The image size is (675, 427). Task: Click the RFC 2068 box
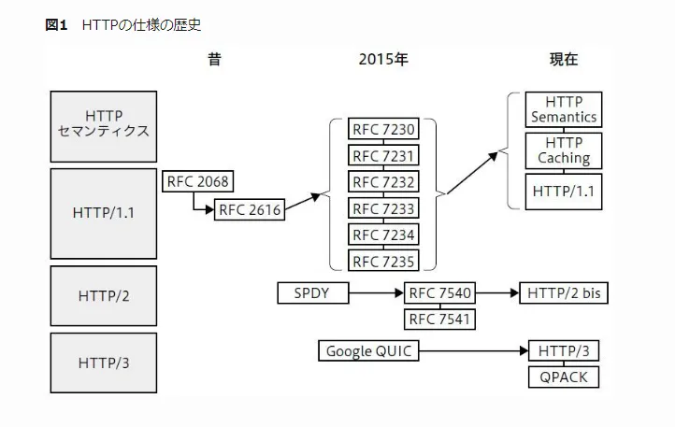196,181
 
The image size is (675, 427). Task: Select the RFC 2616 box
250,209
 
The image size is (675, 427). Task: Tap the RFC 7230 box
383,129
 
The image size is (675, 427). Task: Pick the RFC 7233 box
383,207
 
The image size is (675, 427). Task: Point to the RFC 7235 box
383,260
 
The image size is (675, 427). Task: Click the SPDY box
312,293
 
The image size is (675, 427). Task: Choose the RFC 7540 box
439,293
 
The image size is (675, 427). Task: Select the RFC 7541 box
439,320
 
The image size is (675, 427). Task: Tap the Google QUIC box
367,351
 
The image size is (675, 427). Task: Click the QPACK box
563,377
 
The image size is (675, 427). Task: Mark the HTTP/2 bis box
564,293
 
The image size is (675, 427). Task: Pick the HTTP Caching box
563,149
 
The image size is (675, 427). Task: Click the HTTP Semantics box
563,109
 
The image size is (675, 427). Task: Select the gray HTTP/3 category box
103,363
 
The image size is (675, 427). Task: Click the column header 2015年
383,59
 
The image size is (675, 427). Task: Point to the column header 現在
563,59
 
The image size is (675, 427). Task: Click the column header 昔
215,59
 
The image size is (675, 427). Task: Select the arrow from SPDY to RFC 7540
375,293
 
